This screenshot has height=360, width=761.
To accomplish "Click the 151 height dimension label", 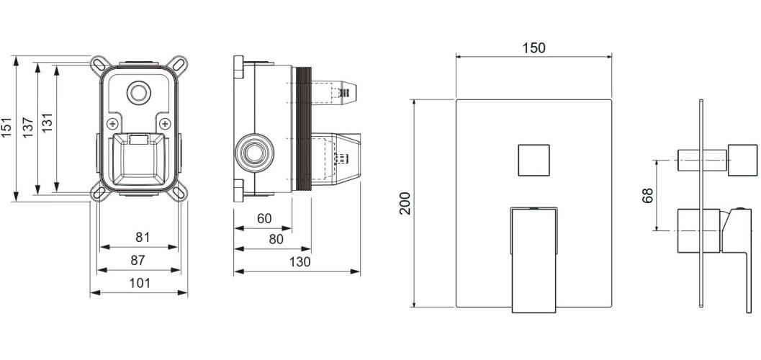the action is pos(6,127).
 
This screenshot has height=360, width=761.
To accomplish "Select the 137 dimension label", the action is pos(28,127).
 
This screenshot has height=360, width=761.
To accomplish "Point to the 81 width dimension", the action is pos(143,238).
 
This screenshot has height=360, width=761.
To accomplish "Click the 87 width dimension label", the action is pos(138,260).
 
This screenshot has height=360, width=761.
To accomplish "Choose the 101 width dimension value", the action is pos(140,283).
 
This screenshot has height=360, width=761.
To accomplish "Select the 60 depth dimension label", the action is pos(264,219).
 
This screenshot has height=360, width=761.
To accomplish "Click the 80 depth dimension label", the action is pos(276,239).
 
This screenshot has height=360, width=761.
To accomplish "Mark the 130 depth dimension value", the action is pos(300,262).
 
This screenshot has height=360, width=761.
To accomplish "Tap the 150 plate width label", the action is pos(534,48).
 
